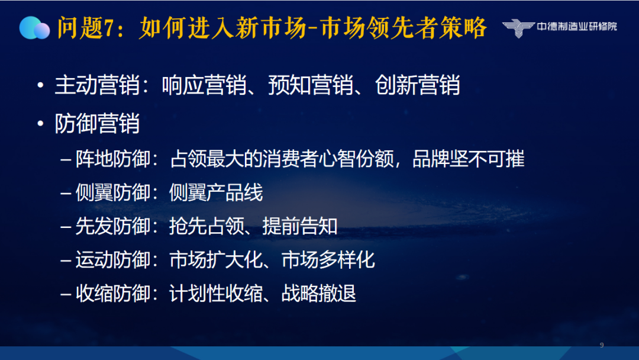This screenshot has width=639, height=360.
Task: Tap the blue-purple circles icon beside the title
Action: [35, 28]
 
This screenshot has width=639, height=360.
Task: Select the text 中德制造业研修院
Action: [577, 27]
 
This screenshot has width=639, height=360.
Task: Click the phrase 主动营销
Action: [97, 85]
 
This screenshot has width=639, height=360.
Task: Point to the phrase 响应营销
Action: [204, 85]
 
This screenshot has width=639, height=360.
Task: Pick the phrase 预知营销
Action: [311, 85]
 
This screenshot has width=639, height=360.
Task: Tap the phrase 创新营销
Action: [417, 85]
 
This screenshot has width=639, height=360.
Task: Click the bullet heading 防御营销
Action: [97, 123]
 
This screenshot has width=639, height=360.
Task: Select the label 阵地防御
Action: [113, 159]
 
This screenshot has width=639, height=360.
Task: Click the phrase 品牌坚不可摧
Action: [468, 159]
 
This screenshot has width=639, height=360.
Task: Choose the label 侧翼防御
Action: [113, 192]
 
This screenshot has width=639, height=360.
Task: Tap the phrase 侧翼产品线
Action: [216, 192]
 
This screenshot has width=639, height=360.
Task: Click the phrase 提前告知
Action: [300, 226]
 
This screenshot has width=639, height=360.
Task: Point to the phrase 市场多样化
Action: [328, 260]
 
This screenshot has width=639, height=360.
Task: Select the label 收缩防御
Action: [113, 294]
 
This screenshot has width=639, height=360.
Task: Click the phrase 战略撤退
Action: [319, 294]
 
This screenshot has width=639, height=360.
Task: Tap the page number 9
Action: [602, 345]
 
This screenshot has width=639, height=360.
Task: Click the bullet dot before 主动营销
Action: [40, 85]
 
